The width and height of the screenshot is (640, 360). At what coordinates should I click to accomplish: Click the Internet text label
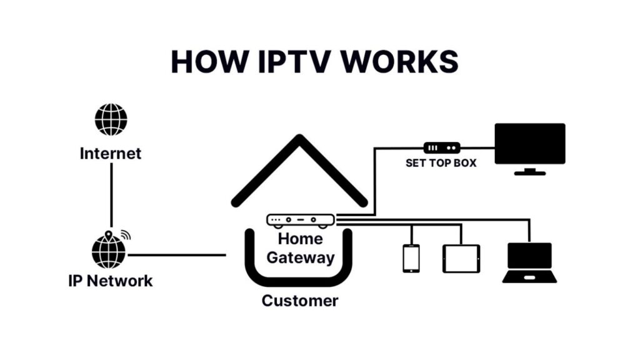point(111,153)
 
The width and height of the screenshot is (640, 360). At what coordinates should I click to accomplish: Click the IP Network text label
point(110,281)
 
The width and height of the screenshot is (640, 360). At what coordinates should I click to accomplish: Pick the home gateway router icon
point(301,220)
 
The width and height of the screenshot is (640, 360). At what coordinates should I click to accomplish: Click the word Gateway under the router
point(301,257)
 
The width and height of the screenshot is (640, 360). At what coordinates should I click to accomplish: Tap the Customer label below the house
point(300,301)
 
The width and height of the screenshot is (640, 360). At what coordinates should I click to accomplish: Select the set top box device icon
point(442,148)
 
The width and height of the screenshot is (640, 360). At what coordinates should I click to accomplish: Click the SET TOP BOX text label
point(441,163)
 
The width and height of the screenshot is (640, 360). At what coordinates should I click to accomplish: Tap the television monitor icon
point(530,144)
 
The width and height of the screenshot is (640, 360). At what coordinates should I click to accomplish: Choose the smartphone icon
point(411,258)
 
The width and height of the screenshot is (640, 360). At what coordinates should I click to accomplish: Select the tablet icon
point(461,258)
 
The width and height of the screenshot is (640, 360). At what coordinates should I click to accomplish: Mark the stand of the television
point(529,171)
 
